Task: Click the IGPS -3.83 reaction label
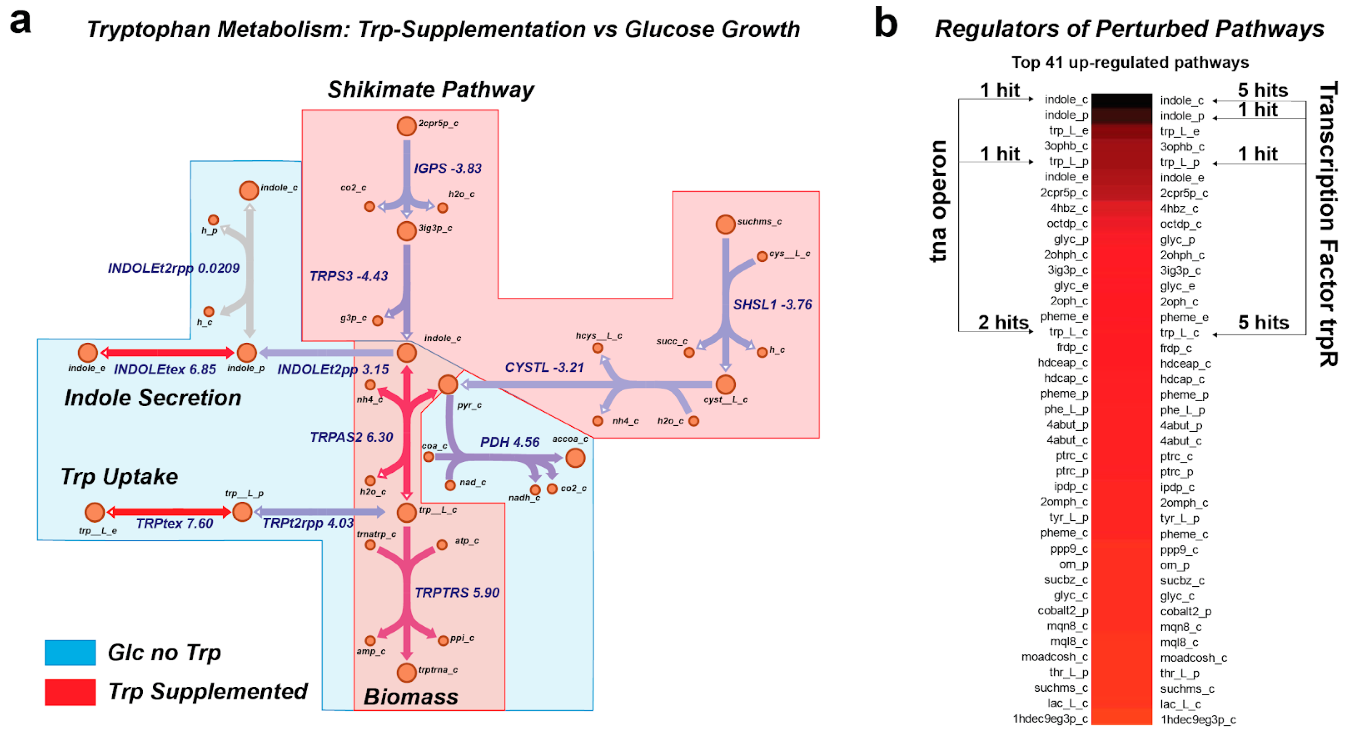pos(448,168)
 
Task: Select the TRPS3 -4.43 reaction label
pos(348,276)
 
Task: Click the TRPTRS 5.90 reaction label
pos(456,592)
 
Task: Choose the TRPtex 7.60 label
pos(174,523)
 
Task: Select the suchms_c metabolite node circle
pos(725,225)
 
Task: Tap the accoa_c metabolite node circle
pos(575,458)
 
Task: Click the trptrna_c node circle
pos(406,672)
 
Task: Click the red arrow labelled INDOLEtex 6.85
pos(167,352)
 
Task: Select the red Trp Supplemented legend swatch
pos(70,692)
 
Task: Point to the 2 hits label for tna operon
pos(1002,322)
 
